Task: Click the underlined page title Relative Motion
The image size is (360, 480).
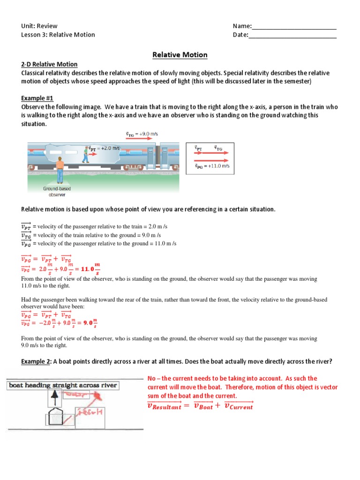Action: coord(180,55)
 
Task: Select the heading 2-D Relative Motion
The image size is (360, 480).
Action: coord(49,64)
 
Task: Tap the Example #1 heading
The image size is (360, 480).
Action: coord(37,98)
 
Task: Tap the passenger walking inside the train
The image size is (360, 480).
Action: coord(85,155)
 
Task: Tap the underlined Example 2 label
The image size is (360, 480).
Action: coord(37,361)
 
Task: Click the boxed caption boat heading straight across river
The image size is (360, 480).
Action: coord(62,385)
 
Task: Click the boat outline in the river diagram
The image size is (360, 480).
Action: coord(53,420)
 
